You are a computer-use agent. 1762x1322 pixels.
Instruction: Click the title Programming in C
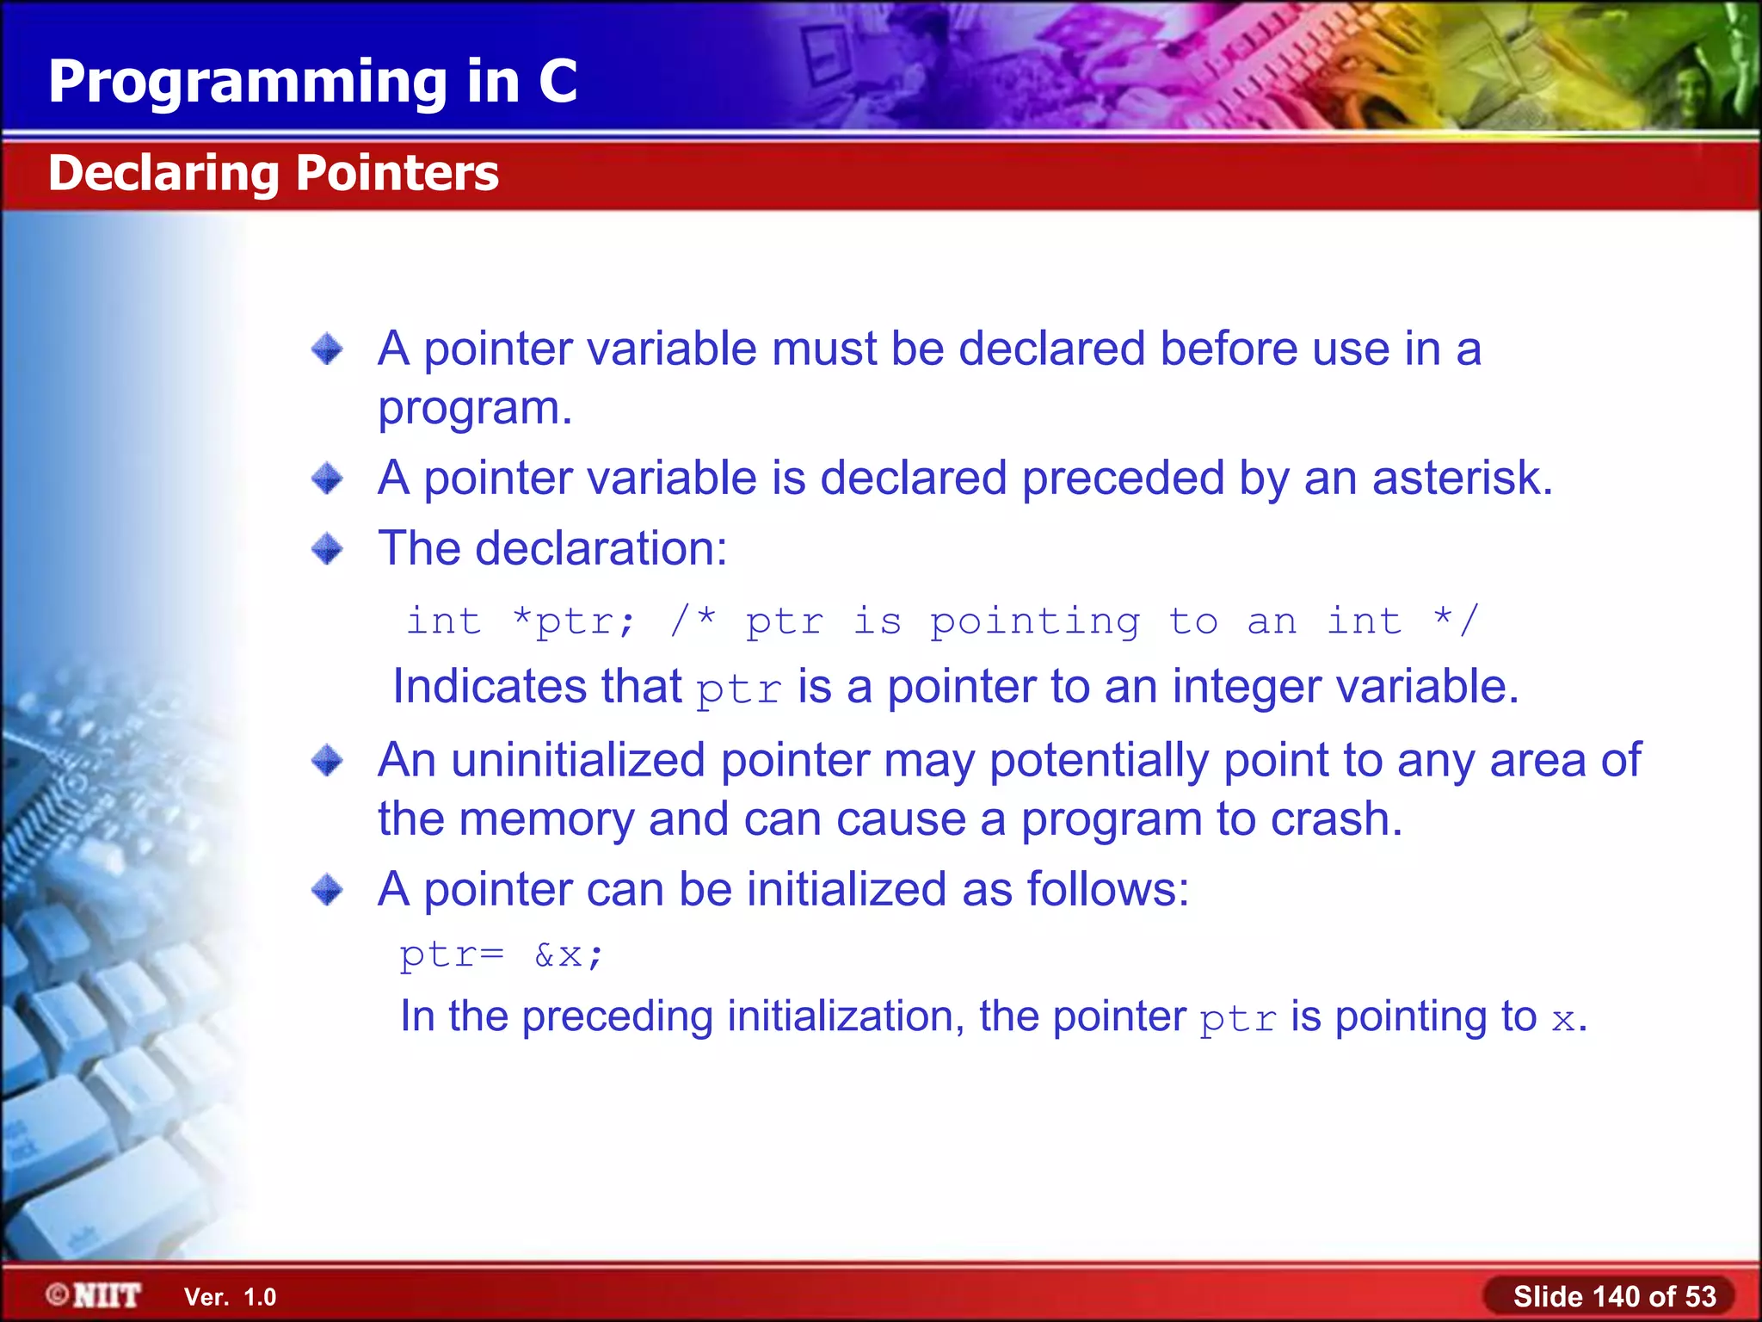(x=312, y=82)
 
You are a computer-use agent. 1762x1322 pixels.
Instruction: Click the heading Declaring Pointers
(x=273, y=173)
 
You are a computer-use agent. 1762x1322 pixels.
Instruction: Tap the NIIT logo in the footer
(x=94, y=1295)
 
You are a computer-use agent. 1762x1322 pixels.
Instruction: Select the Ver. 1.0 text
(x=230, y=1297)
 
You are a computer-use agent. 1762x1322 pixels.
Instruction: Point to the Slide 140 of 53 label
(x=1614, y=1296)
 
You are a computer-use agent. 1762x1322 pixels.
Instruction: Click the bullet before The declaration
(x=327, y=548)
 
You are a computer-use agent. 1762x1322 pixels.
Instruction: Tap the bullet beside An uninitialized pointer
(x=327, y=761)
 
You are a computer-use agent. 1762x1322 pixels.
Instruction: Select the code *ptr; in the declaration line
(x=573, y=621)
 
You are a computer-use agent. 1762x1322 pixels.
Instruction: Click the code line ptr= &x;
(x=502, y=954)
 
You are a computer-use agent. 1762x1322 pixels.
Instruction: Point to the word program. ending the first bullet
(x=475, y=410)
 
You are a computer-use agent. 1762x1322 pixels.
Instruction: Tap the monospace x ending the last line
(x=1562, y=1020)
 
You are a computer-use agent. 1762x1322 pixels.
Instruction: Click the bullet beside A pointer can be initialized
(x=327, y=890)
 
